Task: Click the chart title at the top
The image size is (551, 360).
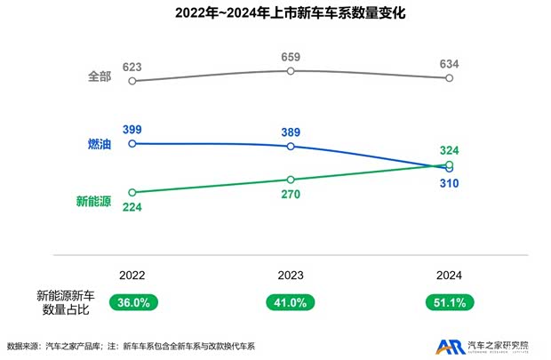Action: click(275, 15)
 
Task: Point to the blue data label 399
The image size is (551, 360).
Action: click(132, 130)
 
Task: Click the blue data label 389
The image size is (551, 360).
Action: click(291, 132)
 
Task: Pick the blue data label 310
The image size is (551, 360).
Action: click(449, 183)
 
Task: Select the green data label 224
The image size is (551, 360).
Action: click(133, 207)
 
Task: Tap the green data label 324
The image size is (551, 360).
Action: click(449, 149)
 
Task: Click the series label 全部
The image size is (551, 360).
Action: click(99, 77)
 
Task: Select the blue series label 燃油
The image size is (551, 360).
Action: click(99, 144)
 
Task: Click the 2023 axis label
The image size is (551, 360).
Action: click(291, 276)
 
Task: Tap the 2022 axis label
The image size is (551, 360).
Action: click(132, 276)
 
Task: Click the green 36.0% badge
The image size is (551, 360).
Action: click(133, 302)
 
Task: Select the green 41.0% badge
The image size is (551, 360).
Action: click(291, 302)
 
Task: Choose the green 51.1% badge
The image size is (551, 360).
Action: click(449, 302)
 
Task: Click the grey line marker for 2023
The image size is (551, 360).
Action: click(291, 70)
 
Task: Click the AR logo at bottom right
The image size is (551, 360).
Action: click(449, 346)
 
